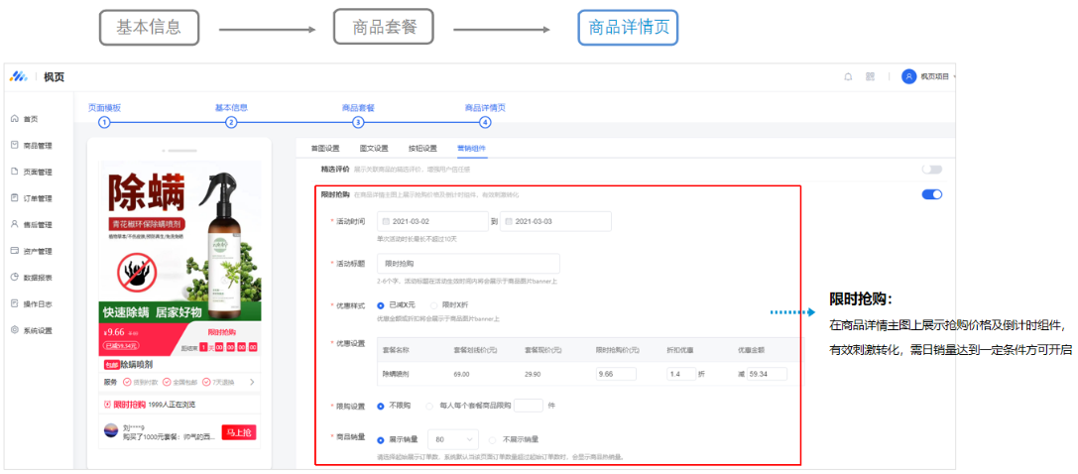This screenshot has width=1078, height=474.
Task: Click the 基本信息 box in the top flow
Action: coord(149,28)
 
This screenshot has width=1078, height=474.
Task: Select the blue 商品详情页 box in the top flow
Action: coord(628,28)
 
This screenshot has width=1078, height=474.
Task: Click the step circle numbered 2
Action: coord(231,122)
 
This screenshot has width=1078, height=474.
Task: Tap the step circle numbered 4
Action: coord(485,122)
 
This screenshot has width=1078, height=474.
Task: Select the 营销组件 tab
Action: coord(472,149)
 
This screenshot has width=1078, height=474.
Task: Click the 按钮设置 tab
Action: coord(421,149)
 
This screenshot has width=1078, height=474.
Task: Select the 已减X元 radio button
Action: coord(381,304)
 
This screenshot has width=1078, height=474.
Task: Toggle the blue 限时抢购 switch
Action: coord(931,194)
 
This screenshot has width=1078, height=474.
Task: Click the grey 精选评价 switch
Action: coord(931,170)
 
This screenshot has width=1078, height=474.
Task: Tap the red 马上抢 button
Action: coord(239,432)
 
